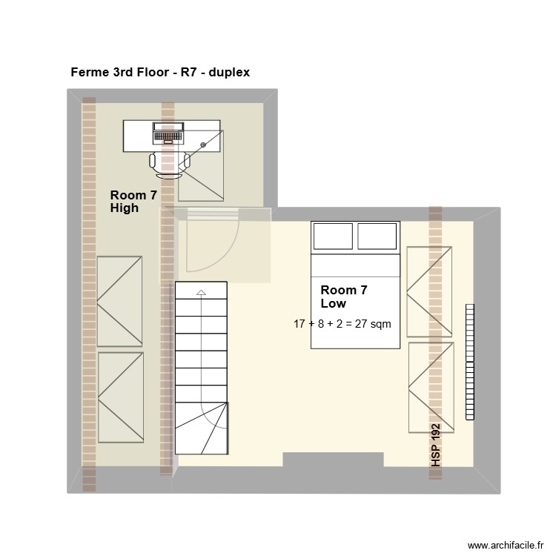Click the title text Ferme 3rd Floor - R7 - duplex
tap(160, 73)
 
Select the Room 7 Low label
tap(343, 297)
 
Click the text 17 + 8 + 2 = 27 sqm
tap(342, 324)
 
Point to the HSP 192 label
tap(436, 445)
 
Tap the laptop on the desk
tap(172, 133)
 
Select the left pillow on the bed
tap(333, 236)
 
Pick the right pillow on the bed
tap(377, 236)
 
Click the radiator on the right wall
tap(469, 362)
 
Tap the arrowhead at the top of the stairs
tap(200, 293)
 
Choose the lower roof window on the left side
tap(120, 397)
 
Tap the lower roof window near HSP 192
tap(431, 387)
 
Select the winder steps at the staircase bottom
tap(202, 428)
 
